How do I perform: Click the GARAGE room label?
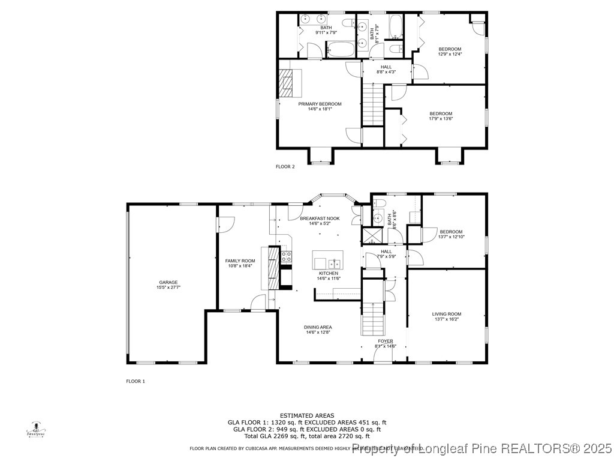[x=168, y=282]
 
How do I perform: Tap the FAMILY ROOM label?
[x=240, y=261]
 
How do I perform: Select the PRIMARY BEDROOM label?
[x=320, y=104]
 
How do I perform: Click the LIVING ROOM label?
[x=447, y=314]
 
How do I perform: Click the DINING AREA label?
[x=319, y=327]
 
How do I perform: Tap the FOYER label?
[x=386, y=340]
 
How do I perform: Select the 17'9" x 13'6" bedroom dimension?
[x=441, y=119]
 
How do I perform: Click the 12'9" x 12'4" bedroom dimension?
[x=450, y=54]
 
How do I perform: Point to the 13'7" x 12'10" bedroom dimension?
[x=451, y=237]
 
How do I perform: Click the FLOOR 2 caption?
[x=285, y=166]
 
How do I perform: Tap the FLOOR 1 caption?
[x=136, y=381]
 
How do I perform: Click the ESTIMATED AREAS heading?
[x=307, y=415]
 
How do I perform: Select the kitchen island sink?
[x=334, y=263]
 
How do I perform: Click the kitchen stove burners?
[x=287, y=257]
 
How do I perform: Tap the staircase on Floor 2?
[x=372, y=104]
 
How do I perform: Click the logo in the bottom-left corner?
[x=37, y=430]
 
